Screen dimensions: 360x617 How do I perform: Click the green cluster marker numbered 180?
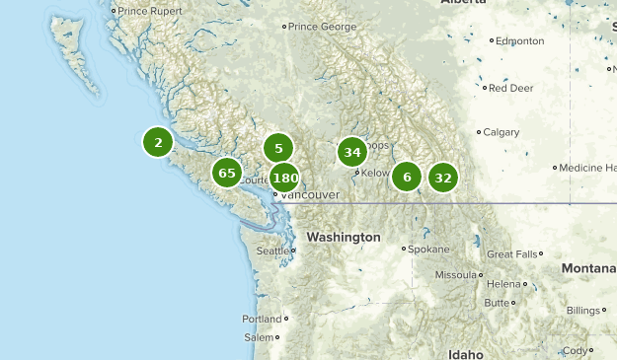coord(284,179)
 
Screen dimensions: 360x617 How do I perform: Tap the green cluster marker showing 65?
coord(227,173)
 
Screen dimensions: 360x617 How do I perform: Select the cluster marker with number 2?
coord(158,142)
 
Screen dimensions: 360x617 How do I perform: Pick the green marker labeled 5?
coord(278,149)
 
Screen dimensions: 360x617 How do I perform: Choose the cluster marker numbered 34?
coord(351,152)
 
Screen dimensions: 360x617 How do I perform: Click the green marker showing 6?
coord(407,178)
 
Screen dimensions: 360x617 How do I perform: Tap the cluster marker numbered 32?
coord(442,178)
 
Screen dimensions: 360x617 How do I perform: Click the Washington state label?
coord(343,238)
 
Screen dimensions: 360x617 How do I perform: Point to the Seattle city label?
coord(273,251)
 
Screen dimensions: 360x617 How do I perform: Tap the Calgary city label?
coord(501,132)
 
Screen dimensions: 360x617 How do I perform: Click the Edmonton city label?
coord(520,41)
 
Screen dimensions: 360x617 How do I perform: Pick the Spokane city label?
coord(427,249)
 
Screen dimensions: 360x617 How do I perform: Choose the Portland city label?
coord(262,319)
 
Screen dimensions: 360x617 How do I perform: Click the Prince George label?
coord(321,27)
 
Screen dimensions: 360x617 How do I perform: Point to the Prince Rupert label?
coord(151,11)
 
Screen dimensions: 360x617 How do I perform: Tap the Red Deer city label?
coord(510,88)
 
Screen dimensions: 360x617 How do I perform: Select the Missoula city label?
coord(456,274)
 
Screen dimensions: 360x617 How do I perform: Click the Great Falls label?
coord(513,253)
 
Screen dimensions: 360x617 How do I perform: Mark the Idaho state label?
coord(466,353)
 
